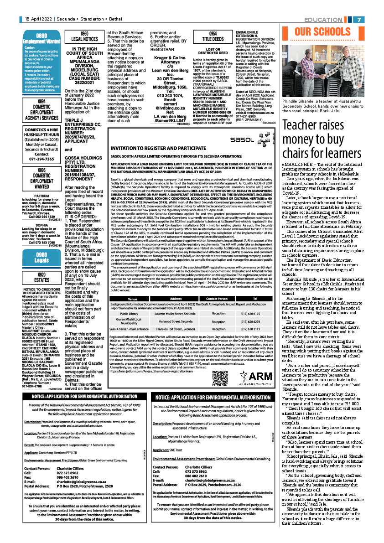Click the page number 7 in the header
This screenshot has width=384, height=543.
click(x=359, y=20)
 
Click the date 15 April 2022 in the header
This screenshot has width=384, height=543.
click(x=38, y=20)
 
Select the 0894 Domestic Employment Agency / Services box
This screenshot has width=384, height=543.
click(x=42, y=111)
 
